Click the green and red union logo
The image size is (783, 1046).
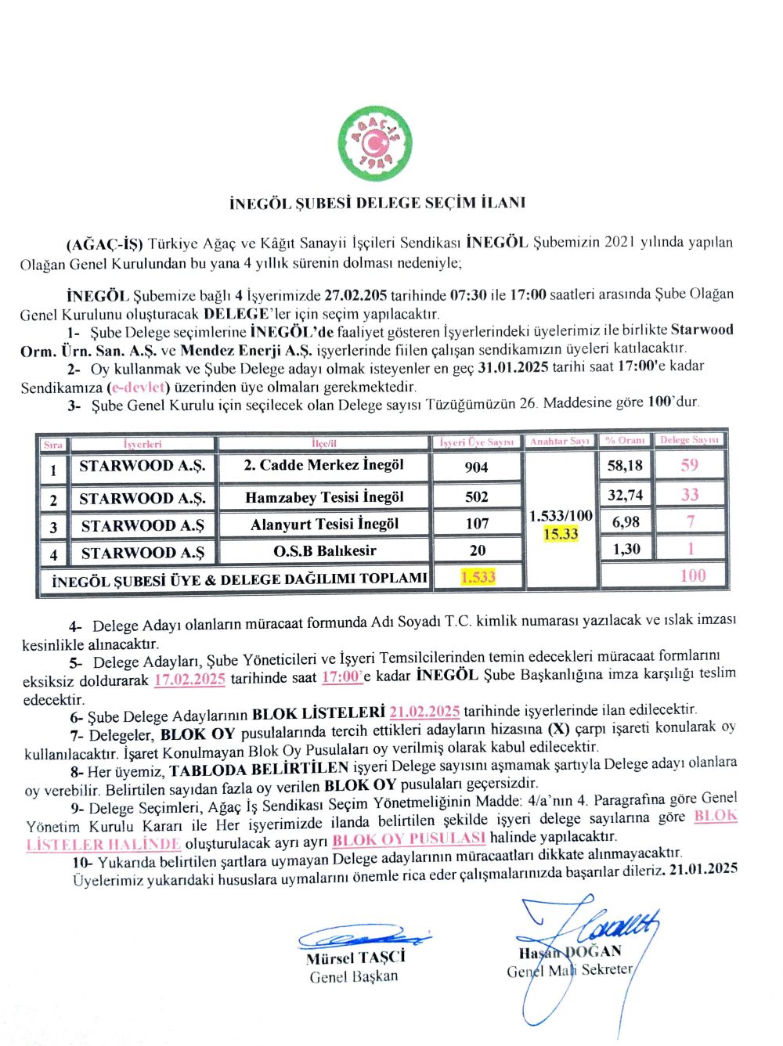point(375,144)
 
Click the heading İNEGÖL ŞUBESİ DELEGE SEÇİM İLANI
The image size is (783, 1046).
point(377,203)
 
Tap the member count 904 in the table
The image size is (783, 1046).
point(476,467)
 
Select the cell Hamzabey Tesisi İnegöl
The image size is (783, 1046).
point(324,497)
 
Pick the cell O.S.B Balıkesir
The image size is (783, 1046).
point(324,550)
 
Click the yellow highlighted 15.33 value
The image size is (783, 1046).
point(561,534)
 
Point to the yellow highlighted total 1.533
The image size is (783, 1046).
point(478,577)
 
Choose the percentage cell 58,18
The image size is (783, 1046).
point(625,465)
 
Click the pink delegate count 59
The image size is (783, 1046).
point(689,465)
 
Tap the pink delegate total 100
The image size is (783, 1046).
point(692,575)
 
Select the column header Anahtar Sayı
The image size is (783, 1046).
point(559,442)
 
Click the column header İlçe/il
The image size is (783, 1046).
point(323,443)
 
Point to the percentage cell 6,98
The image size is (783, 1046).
point(626,521)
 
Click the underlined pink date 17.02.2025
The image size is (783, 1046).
point(189,679)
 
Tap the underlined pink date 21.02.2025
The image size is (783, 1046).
point(424,711)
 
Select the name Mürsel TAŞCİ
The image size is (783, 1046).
point(355,958)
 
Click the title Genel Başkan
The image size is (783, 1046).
point(353,976)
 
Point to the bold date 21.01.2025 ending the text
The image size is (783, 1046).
point(704,868)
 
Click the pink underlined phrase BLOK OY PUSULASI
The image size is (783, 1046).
point(409,839)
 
